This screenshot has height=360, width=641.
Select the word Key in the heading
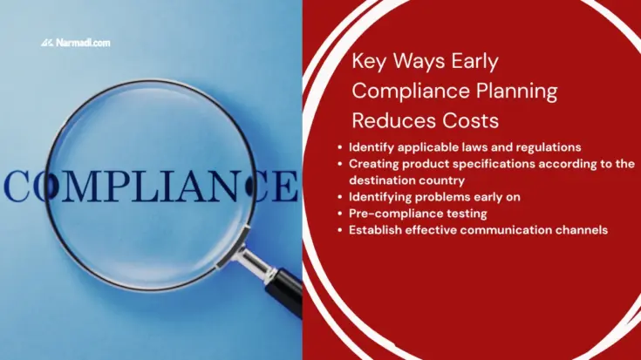pos(367,62)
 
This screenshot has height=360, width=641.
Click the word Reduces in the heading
pos(390,118)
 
